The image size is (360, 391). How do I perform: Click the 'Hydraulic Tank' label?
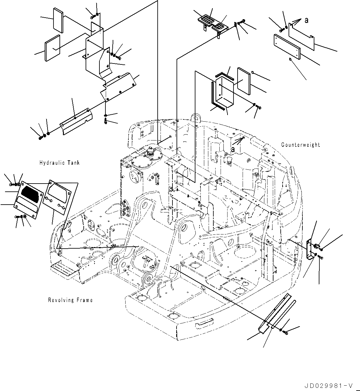59,163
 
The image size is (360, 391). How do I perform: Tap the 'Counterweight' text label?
300,145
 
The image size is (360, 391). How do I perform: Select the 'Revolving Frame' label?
70,300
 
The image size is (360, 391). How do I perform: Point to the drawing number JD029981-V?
327,386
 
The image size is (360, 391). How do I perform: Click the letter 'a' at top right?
306,20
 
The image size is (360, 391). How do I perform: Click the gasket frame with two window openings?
59,197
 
